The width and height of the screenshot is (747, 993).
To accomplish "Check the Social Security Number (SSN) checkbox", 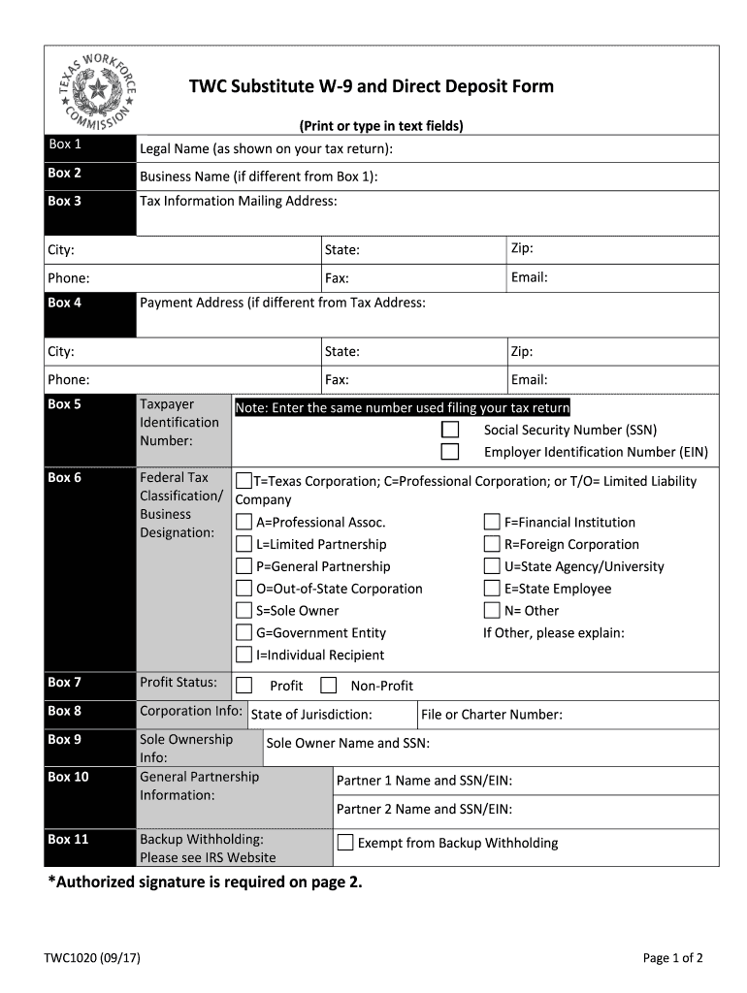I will pyautogui.click(x=450, y=430).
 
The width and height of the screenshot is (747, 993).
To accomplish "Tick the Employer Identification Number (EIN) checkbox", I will pyautogui.click(x=450, y=452).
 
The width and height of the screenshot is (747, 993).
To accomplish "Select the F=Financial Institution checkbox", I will pyautogui.click(x=492, y=523).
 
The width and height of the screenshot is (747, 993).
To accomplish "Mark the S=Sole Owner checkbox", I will pyautogui.click(x=244, y=611).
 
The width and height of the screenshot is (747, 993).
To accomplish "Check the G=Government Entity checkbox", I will pyautogui.click(x=244, y=633).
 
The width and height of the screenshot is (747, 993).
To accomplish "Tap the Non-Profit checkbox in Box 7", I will pyautogui.click(x=329, y=686).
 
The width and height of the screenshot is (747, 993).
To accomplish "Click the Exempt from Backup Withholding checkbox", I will pyautogui.click(x=345, y=843).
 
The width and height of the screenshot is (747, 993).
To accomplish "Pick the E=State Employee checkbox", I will pyautogui.click(x=492, y=589).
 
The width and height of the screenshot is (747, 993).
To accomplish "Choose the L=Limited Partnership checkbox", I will pyautogui.click(x=244, y=545).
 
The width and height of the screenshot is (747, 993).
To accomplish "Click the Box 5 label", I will pyautogui.click(x=64, y=404).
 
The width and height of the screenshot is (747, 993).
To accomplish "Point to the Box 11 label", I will pyautogui.click(x=68, y=839).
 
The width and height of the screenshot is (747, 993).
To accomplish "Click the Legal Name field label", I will pyautogui.click(x=266, y=148).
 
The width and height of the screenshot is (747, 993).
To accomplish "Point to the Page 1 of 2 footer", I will pyautogui.click(x=672, y=958).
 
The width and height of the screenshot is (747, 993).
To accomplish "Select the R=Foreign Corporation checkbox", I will pyautogui.click(x=492, y=545).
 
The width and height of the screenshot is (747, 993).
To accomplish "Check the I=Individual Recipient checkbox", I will pyautogui.click(x=244, y=656).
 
